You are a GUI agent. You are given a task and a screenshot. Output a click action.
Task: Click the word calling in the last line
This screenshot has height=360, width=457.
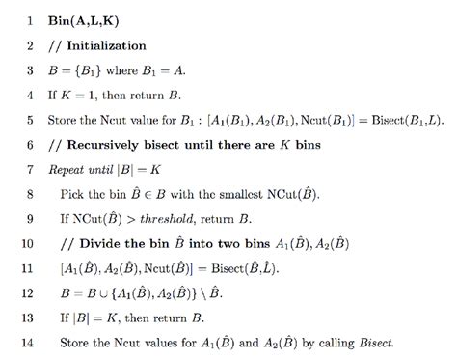(336, 345)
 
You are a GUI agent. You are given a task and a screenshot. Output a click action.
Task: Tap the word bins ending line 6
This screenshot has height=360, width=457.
(295, 145)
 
